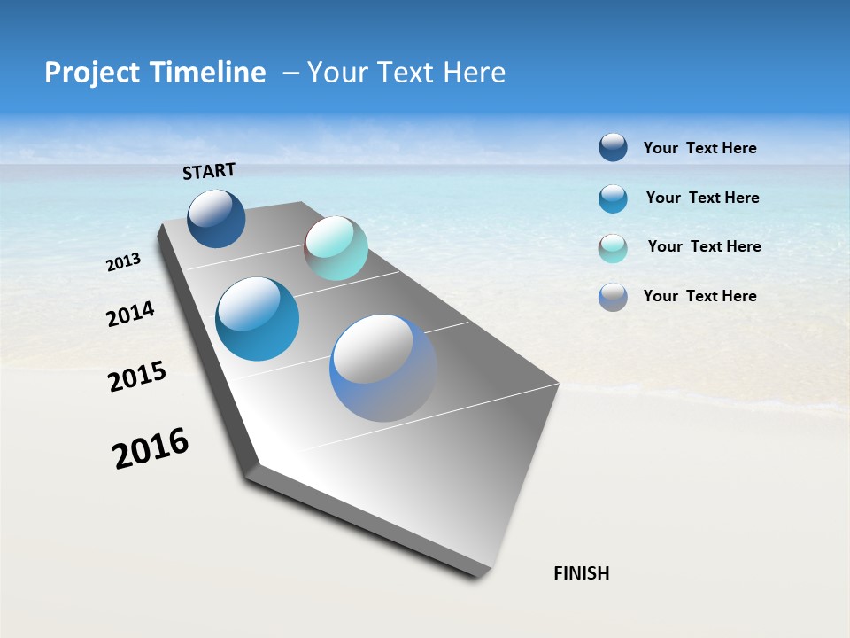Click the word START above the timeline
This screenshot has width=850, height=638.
(x=209, y=171)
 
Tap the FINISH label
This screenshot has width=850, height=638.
(x=582, y=573)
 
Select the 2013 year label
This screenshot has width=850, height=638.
(x=124, y=262)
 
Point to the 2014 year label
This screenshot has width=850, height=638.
(x=130, y=314)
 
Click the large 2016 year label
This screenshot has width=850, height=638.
(x=151, y=448)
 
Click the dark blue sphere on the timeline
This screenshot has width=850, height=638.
(x=216, y=218)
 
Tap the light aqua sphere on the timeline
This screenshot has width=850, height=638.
(x=336, y=248)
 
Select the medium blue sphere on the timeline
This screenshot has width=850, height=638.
(x=258, y=319)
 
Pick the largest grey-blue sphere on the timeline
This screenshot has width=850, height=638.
(x=383, y=368)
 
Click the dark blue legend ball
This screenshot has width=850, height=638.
(x=613, y=147)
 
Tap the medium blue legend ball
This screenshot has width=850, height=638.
(x=613, y=198)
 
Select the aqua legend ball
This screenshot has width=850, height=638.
(x=613, y=248)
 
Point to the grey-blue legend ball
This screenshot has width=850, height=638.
(x=613, y=297)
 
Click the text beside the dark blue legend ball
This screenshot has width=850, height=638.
(x=699, y=149)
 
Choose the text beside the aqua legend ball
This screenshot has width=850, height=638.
(x=704, y=246)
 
